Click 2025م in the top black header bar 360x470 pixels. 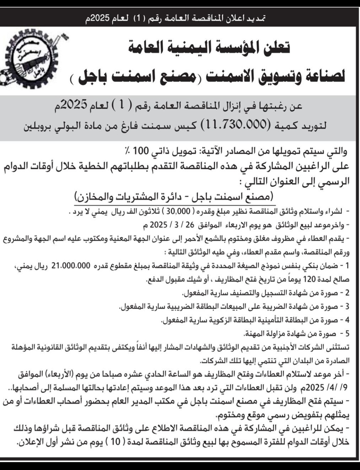tap(99, 18)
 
